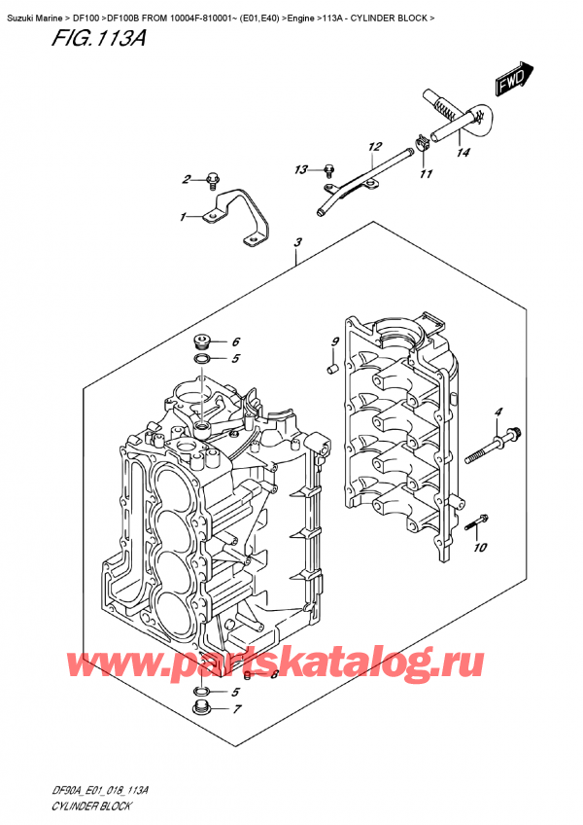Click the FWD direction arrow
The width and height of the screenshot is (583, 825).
coord(511,81)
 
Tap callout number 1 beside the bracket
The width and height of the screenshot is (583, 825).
coord(182,217)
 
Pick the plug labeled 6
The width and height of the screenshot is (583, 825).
coord(201,342)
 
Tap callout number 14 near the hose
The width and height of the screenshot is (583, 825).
coord(463,152)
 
